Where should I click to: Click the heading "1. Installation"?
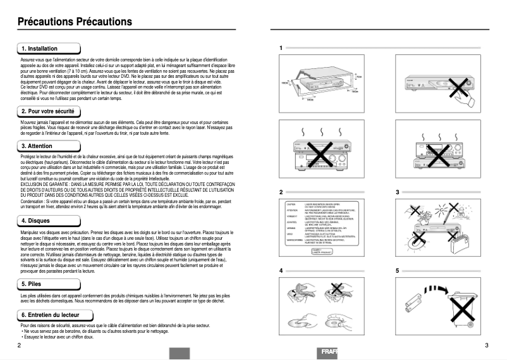tap(39, 49)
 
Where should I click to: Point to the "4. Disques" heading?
tap(36, 220)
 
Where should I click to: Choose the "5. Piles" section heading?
tap(33, 284)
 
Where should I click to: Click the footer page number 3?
tap(486, 345)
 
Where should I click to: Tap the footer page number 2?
tap(19, 345)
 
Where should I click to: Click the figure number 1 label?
tap(280, 48)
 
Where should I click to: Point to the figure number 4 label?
tap(280, 270)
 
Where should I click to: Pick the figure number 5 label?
tap(397, 270)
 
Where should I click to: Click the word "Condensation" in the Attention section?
tap(34, 202)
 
